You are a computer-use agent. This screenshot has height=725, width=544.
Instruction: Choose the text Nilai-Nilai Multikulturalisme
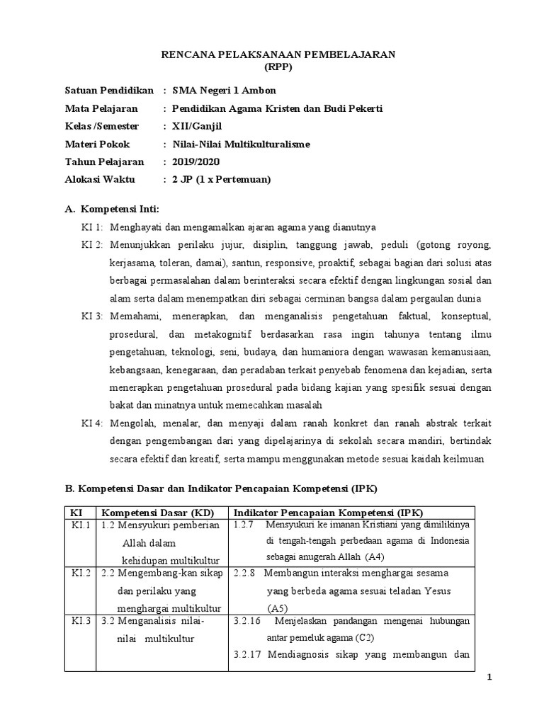point(241,144)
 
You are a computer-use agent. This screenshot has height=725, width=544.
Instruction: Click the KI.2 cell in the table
point(79,572)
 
